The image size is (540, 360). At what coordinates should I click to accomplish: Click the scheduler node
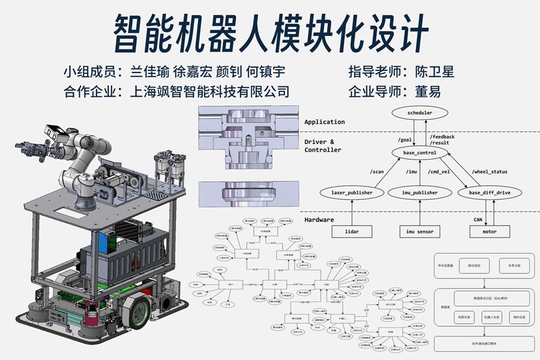(419, 113)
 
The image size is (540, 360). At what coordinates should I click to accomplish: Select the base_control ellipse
(419, 153)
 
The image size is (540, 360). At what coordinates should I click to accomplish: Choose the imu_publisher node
(420, 193)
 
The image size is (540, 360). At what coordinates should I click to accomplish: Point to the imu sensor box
(420, 231)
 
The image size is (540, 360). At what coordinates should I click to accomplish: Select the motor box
(489, 231)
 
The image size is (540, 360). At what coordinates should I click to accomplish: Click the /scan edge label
(377, 172)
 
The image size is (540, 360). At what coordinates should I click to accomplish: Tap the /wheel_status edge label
(490, 172)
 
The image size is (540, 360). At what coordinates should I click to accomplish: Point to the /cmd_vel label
(439, 172)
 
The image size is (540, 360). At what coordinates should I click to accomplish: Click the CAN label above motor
(478, 220)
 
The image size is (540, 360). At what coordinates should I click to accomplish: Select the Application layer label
(325, 122)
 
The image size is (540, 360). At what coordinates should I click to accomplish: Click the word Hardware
(319, 220)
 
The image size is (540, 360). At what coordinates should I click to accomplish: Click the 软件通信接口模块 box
(484, 344)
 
